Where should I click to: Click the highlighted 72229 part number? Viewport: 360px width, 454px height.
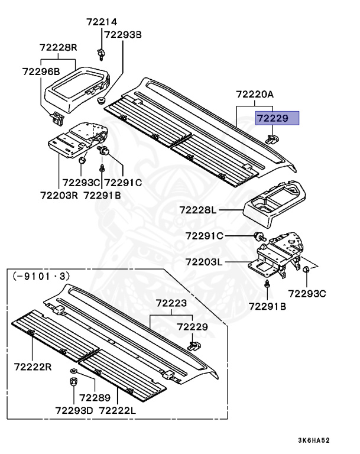pyautogui.click(x=277, y=118)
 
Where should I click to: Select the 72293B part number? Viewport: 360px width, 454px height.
pyautogui.click(x=123, y=34)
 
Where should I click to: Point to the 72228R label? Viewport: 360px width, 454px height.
pyautogui.click(x=59, y=47)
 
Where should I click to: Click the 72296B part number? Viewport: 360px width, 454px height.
pyautogui.click(x=41, y=72)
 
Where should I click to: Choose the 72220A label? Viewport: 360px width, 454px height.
pyautogui.click(x=255, y=94)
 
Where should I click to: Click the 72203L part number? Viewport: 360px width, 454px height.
pyautogui.click(x=205, y=261)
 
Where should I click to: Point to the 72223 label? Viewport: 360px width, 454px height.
pyautogui.click(x=171, y=303)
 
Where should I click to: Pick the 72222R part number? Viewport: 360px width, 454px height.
pyautogui.click(x=33, y=367)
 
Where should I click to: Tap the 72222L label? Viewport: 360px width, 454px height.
pyautogui.click(x=118, y=410)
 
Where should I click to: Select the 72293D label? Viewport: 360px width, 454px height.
pyautogui.click(x=75, y=410)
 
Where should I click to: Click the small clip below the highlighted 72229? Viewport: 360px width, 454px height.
pyautogui.click(x=273, y=138)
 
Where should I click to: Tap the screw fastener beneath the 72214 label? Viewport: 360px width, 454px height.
pyautogui.click(x=102, y=54)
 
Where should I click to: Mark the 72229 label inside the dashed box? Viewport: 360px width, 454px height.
pyautogui.click(x=193, y=326)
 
